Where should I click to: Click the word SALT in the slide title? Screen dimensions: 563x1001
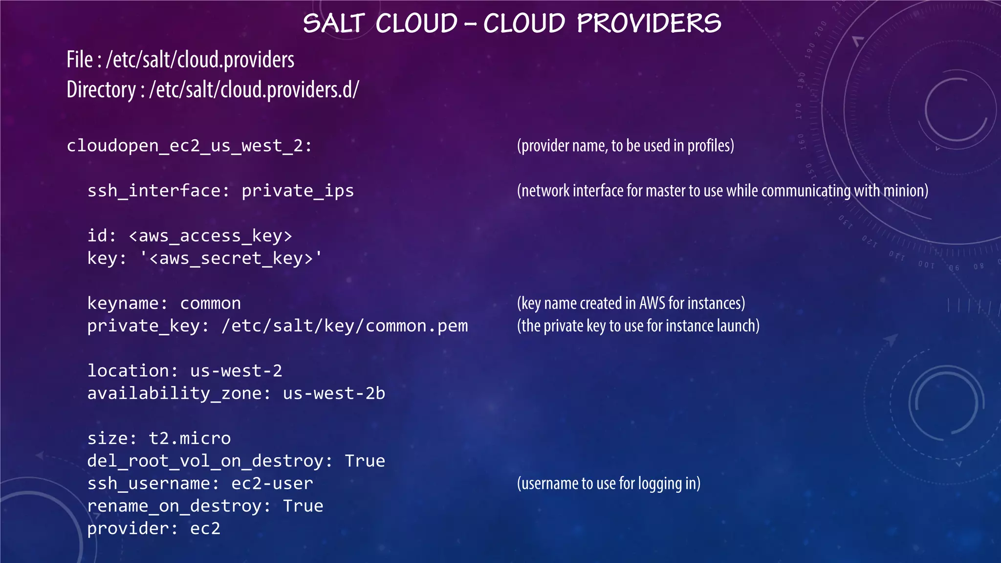coord(334,23)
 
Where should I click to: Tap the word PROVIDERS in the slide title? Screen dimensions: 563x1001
coord(649,23)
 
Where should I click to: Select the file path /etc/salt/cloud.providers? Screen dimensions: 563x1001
coord(200,60)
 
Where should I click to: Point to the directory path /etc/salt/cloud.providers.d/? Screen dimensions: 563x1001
coord(254,90)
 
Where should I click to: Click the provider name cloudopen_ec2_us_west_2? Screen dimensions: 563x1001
coord(189,146)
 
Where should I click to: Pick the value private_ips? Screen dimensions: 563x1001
coord(297,191)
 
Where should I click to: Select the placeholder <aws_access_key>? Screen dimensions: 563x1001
coord(210,236)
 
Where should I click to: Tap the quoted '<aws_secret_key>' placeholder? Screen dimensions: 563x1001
coord(231,259)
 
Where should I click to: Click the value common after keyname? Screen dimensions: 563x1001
coord(210,303)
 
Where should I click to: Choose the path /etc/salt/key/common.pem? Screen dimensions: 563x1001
coord(344,326)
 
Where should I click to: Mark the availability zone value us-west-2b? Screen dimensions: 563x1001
coord(334,393)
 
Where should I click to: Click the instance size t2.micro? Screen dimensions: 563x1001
coord(190,438)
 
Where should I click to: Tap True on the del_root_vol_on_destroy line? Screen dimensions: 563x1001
coord(365,461)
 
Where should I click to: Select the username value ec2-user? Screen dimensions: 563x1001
coord(272,483)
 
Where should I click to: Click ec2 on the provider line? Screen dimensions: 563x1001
coord(205,528)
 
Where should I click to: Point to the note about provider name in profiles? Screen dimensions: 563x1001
coord(625,146)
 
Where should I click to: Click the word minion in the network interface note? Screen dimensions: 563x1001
coord(905,191)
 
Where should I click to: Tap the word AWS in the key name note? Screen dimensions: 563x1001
coord(652,303)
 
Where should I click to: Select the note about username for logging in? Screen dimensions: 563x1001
coord(609,483)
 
